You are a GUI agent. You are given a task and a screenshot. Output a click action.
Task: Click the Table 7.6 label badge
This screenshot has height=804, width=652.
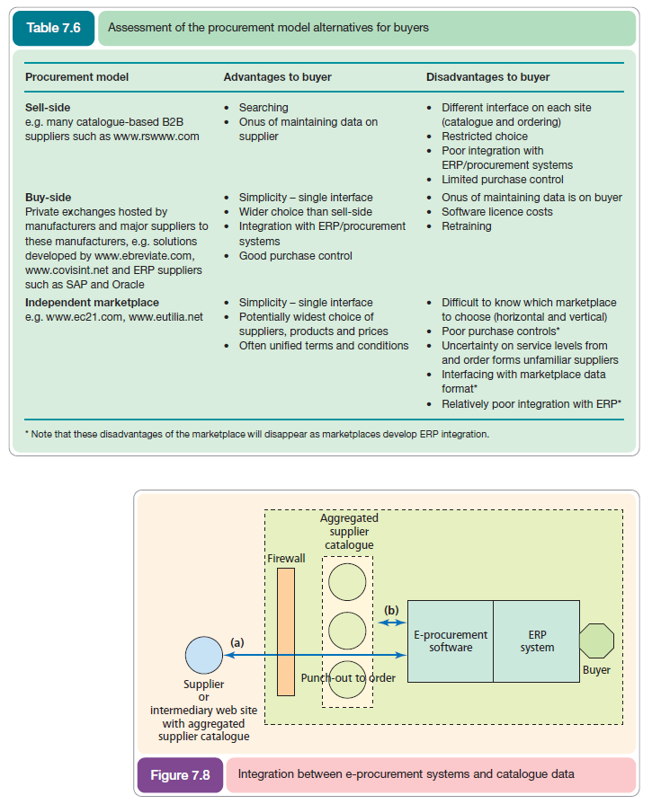tap(53, 28)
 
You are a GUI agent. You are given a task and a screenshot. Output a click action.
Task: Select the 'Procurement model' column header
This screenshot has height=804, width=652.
tap(76, 77)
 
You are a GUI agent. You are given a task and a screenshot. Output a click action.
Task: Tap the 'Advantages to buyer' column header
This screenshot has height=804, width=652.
tap(277, 77)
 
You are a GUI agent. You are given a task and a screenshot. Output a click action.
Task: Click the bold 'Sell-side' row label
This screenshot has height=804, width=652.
tap(48, 108)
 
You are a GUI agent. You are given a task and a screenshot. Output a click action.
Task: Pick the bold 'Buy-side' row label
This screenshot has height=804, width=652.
tap(49, 198)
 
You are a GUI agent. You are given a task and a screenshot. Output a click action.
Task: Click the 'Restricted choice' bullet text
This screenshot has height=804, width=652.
tap(485, 137)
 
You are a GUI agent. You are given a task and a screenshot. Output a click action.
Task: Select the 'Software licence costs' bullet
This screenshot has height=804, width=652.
tap(496, 212)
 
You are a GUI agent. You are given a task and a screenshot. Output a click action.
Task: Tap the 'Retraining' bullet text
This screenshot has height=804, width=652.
tap(466, 226)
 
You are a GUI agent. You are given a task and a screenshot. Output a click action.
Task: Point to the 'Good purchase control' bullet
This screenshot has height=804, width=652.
tap(295, 256)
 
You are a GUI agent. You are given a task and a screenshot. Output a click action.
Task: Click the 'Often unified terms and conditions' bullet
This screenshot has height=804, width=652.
tap(324, 346)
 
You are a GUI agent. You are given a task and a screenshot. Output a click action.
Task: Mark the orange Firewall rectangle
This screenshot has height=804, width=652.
tap(286, 632)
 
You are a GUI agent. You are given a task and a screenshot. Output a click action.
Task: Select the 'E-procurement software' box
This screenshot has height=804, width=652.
tap(451, 641)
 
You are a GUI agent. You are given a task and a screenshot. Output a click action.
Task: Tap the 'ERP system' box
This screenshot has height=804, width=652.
tap(537, 641)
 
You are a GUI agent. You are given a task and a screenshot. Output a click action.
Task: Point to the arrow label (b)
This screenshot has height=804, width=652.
tap(391, 610)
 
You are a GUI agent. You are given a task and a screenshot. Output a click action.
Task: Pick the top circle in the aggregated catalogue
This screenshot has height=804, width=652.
tap(346, 582)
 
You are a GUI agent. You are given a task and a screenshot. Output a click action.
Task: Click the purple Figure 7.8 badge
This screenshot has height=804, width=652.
tap(180, 774)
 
